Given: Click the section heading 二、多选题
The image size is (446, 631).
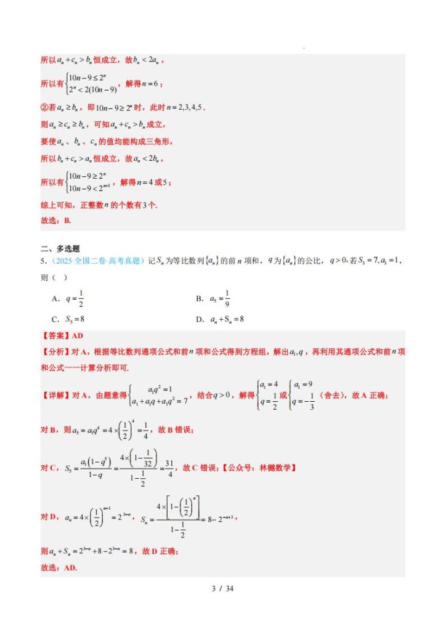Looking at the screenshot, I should tap(60, 248).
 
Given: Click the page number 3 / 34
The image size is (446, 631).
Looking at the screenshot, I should tap(222, 588).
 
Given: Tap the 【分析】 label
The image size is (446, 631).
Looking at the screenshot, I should tap(55, 351).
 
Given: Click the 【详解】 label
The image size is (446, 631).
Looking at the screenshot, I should tap(55, 394).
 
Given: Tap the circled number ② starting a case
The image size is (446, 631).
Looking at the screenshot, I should tap(44, 107).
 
